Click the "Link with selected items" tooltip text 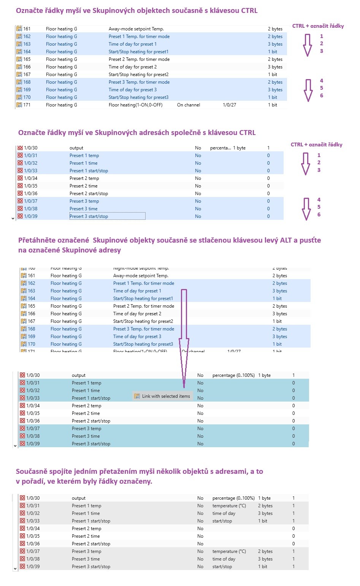coord(166,396)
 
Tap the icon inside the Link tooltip coord(137,396)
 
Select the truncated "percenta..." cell coord(220,148)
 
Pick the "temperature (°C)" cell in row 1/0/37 coord(229,551)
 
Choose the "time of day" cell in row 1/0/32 coord(224,513)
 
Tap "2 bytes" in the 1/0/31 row coord(265,506)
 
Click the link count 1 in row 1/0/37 coord(293,551)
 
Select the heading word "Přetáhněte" coord(37,240)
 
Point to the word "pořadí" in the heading coord(36,481)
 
